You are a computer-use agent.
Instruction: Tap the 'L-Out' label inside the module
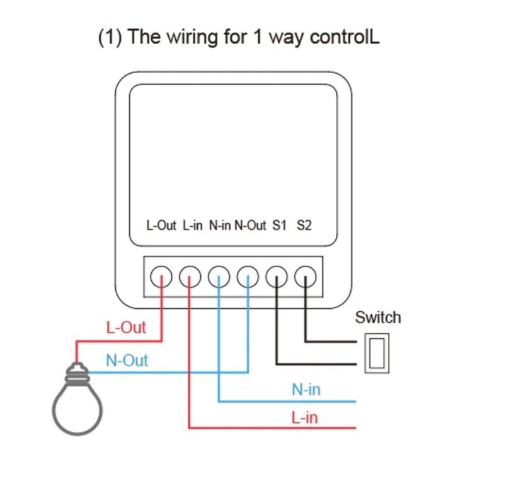coord(161,225)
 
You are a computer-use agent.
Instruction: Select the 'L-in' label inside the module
coord(193,225)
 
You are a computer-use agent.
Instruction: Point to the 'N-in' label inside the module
coord(220,225)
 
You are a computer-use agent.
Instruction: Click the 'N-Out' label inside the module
coord(250,225)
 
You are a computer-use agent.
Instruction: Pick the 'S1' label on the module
coord(280,225)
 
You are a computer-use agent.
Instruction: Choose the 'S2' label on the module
coord(304,225)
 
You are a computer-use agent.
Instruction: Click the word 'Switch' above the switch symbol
coord(378,318)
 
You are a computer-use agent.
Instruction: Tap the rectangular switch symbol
coord(365,353)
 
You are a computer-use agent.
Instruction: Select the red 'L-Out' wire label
coord(126,328)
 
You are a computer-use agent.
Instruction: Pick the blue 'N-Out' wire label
coord(127,360)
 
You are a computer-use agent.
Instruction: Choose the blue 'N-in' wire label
coord(306,389)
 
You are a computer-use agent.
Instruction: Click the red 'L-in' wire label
coord(304,417)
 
